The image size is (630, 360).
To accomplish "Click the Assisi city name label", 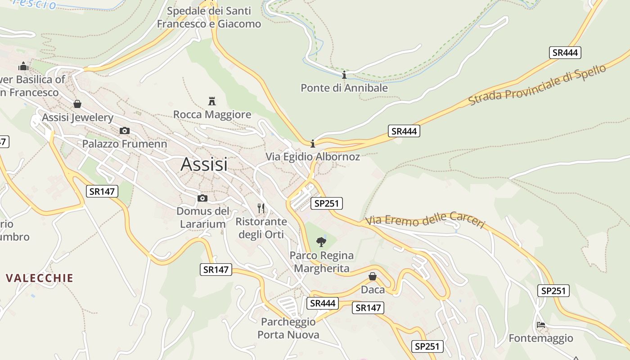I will coord(204,164).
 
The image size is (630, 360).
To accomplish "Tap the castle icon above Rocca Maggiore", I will coord(212,101).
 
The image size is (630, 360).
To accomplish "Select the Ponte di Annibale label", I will coord(344,88).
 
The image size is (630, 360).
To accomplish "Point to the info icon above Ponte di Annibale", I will coord(344,75).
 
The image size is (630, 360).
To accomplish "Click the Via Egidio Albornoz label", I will coord(313,157).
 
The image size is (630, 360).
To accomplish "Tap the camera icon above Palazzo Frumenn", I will coord(125,131).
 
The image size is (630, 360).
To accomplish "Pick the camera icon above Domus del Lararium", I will coord(202,198).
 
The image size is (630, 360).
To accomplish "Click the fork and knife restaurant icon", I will coord(261,208).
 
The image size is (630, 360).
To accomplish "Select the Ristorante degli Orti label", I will coord(261,228).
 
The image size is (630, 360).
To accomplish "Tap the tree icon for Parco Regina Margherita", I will coord(321,242).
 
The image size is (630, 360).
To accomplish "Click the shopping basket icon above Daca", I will coord(373,276).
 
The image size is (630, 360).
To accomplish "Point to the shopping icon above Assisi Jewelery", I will coord(77,104).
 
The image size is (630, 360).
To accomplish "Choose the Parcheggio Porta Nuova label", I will coord(288,328).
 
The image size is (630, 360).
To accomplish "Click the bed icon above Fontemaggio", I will coord(541,325).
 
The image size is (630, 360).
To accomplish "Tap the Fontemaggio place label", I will coord(541,338).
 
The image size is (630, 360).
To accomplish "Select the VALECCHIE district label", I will coord(40,278).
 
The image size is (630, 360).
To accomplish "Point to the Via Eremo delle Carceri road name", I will coord(425,220).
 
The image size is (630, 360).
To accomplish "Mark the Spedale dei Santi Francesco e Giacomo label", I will coord(209,17).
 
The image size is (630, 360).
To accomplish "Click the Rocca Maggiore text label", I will coord(212,114).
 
